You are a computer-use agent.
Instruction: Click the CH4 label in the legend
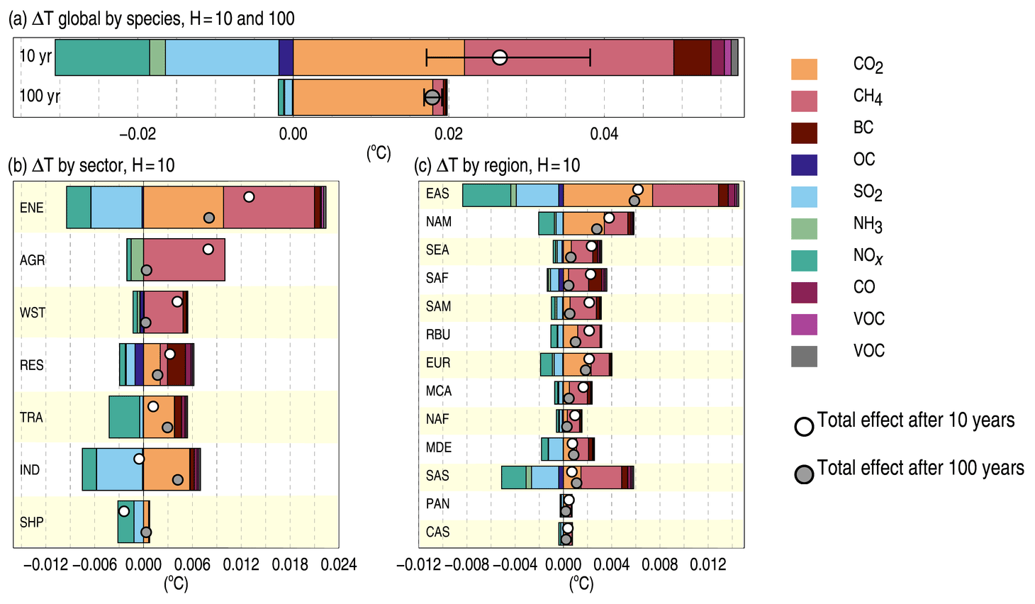[x=867, y=97]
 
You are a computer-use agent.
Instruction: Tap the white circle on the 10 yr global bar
[x=500, y=57]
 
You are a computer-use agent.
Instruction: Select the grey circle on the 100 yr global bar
[x=432, y=97]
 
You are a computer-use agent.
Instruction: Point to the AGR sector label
[x=33, y=260]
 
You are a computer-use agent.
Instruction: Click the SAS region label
[x=437, y=476]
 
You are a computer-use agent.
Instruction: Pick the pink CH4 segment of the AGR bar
[x=184, y=260]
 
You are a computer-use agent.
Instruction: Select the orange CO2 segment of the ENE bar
[x=183, y=208]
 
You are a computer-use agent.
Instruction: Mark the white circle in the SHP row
[x=124, y=511]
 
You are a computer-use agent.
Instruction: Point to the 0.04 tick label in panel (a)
[x=604, y=134]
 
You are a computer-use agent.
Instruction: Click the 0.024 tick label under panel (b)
[x=339, y=564]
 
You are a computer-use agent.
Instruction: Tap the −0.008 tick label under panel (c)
[x=467, y=564]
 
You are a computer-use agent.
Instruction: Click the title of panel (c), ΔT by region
[x=497, y=166]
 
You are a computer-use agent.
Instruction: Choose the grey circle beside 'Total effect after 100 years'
[x=804, y=474]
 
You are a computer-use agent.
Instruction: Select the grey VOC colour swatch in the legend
[x=804, y=356]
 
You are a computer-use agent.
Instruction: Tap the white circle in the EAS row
[x=638, y=189]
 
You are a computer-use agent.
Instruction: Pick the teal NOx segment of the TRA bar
[x=125, y=417]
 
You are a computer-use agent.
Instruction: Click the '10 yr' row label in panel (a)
[x=35, y=56]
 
